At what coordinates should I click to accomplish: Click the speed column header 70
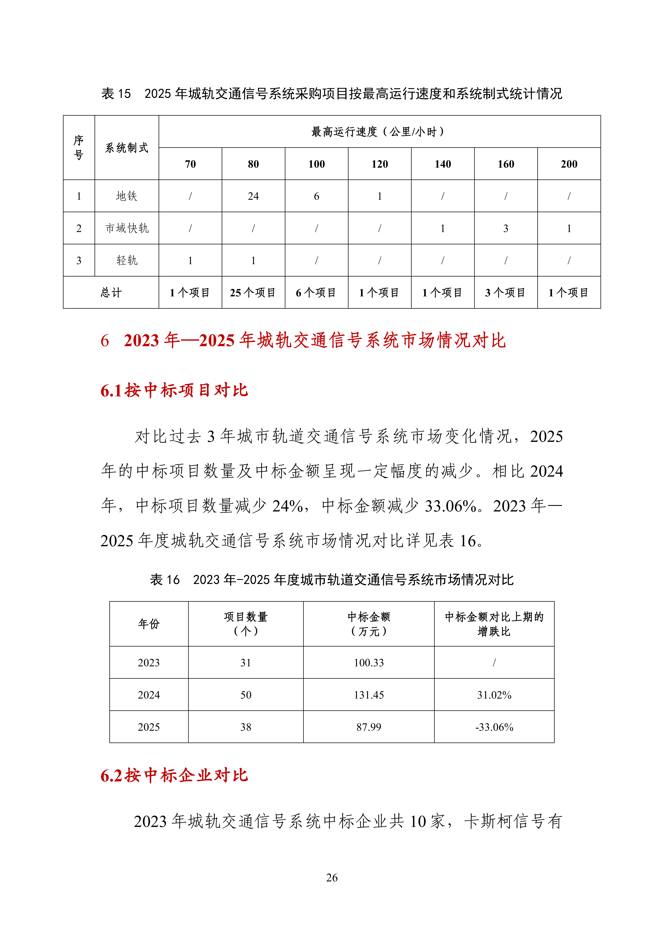190,164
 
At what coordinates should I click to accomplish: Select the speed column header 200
569,164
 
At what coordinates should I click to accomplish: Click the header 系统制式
127,148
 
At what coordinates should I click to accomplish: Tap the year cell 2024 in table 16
149,695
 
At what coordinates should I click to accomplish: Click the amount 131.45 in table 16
369,695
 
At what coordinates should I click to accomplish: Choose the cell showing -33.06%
494,727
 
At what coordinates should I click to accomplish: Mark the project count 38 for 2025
246,727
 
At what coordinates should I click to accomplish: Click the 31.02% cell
494,695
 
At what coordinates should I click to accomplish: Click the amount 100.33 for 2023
369,663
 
